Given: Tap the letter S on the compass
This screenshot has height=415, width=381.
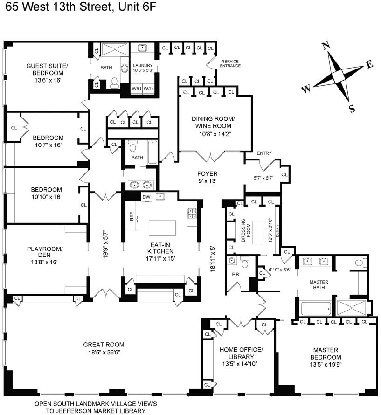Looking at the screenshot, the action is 352,109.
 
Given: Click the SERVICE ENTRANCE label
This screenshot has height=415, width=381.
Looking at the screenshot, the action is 231,63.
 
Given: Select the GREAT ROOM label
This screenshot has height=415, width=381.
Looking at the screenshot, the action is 104,345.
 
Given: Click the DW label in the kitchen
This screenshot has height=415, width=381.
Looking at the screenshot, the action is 145,197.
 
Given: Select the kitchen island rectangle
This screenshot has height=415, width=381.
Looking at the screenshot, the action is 162,228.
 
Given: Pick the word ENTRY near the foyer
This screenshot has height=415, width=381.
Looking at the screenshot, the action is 264,153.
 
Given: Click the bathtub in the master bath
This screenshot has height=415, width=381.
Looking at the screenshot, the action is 316,308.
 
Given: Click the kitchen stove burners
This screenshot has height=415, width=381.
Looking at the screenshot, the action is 192,214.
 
